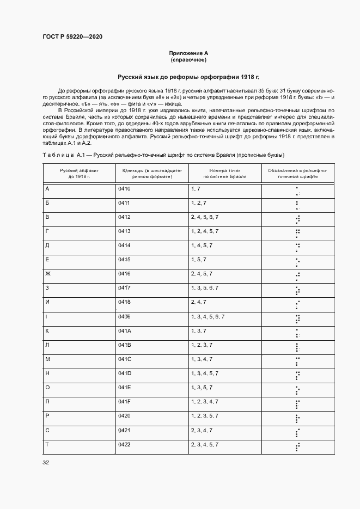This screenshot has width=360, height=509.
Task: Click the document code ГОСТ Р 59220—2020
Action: coord(72,37)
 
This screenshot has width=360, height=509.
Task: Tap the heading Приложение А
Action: coord(188,53)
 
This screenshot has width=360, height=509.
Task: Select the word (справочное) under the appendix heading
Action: coord(188,59)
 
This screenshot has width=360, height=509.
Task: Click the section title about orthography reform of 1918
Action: coord(188,77)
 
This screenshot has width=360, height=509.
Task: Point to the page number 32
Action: coord(46,463)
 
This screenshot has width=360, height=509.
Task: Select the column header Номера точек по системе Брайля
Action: coord(224,174)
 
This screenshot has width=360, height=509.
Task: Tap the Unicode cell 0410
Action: coord(124,189)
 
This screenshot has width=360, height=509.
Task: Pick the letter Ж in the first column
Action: coord(47,274)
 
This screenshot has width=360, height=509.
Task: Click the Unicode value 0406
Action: coord(124,316)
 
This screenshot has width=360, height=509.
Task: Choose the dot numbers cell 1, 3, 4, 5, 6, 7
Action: coord(208,316)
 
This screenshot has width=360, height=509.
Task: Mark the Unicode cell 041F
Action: coord(124,401)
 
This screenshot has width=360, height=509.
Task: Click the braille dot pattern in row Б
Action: coord(297,205)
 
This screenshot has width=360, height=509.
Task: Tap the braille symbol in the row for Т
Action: coord(297,446)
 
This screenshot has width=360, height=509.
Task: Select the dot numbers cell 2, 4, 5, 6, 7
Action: coord(205,217)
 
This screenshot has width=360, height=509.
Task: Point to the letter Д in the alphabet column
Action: coord(47,246)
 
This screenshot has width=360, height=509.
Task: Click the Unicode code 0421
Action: coord(124,430)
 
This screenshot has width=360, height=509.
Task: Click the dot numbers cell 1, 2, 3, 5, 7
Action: coord(205,415)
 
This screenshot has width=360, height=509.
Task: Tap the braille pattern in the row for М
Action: coord(297,360)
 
